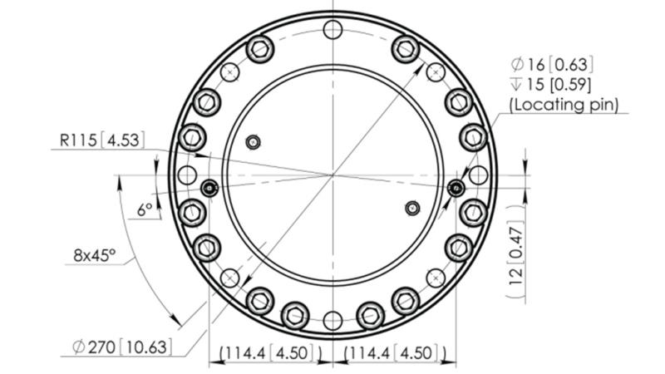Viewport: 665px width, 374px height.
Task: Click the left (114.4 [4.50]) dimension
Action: (x=270, y=354)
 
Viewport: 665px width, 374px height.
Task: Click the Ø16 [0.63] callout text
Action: (x=552, y=64)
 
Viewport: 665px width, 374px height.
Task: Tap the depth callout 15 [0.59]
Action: (x=552, y=85)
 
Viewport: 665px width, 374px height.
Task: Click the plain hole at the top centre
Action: (x=333, y=31)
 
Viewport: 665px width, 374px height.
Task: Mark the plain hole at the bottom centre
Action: (x=333, y=320)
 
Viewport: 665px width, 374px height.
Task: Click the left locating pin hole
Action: (x=209, y=188)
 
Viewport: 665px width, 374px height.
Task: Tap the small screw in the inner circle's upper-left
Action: (x=254, y=142)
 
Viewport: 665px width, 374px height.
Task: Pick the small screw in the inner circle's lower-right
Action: (x=411, y=207)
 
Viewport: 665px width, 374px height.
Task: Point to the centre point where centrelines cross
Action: (x=333, y=175)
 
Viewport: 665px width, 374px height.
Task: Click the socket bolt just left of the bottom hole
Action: (x=295, y=314)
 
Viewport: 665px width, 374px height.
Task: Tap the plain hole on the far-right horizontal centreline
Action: (x=477, y=175)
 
